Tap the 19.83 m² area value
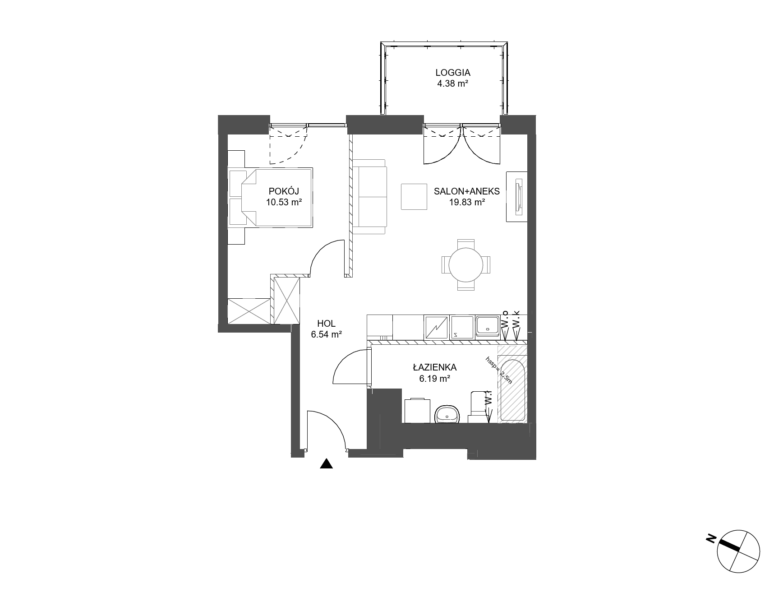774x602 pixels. [x=467, y=202]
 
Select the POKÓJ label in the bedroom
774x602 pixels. [x=284, y=190]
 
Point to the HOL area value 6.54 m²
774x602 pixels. [x=326, y=334]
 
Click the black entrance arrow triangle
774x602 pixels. [x=326, y=463]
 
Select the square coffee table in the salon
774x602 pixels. [x=414, y=196]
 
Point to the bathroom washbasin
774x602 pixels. [x=447, y=414]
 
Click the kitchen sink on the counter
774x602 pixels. [x=487, y=326]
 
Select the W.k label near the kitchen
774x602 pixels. [x=517, y=320]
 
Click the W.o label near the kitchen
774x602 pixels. [x=505, y=320]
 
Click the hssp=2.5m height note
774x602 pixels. [x=499, y=370]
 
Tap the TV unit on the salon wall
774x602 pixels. [x=517, y=196]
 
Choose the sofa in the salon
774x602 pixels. [x=369, y=196]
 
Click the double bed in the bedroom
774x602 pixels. [x=270, y=197]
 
